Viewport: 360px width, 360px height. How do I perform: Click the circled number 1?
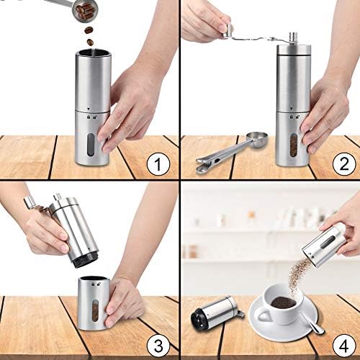tap(158, 164)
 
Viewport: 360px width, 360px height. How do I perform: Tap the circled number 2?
tap(344, 164)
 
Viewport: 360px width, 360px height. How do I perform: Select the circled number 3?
tap(158, 346)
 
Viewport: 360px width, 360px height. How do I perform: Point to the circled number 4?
tap(344, 346)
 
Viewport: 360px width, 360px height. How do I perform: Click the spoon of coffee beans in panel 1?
tap(84, 11)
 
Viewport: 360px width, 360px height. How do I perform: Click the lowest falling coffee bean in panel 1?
tap(90, 42)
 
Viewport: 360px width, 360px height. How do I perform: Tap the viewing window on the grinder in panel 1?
tap(91, 145)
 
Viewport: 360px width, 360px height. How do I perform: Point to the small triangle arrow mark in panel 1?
tap(89, 109)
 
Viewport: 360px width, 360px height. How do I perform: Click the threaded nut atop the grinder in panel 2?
tap(292, 38)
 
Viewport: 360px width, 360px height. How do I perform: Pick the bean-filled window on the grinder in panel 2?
tap(293, 145)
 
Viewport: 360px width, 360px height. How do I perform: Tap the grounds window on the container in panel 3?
tap(95, 311)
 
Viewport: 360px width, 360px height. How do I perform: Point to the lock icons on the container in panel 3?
tap(96, 284)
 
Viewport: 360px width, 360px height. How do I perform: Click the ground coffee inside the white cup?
tap(283, 302)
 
